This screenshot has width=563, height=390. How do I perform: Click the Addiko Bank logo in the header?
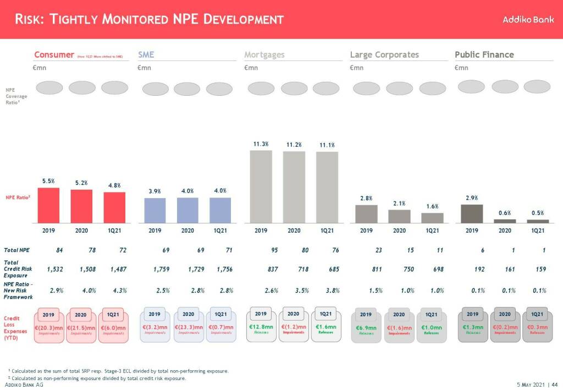(528, 19)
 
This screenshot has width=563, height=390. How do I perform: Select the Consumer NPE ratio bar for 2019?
(48, 204)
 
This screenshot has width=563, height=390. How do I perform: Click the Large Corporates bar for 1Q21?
(432, 217)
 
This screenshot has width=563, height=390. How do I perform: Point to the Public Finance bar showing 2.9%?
(472, 213)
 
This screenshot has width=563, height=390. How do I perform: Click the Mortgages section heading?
(264, 54)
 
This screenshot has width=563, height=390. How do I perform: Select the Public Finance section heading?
(484, 54)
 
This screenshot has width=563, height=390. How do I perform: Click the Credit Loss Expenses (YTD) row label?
(15, 328)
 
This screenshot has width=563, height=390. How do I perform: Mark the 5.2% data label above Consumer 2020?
(81, 183)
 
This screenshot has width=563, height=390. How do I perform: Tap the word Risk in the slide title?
(29, 19)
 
